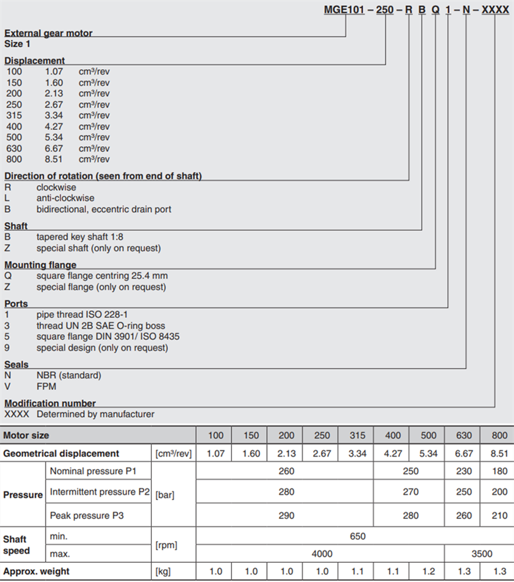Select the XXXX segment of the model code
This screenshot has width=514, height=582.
tap(495, 9)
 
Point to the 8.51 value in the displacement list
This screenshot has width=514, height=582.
tap(54, 159)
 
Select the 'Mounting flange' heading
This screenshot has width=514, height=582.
tap(40, 265)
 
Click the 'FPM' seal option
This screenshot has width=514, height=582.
tap(47, 386)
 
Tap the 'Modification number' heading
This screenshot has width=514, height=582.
tap(50, 403)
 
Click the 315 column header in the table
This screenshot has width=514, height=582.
tap(357, 435)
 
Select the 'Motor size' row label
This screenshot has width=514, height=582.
tap(26, 435)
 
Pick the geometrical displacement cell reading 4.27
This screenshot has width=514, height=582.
tap(393, 453)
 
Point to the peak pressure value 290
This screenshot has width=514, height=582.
tap(286, 515)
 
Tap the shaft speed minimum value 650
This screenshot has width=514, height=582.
tap(357, 536)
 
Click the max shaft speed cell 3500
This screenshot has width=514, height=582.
tap(481, 553)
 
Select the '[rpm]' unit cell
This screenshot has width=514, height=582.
tap(166, 545)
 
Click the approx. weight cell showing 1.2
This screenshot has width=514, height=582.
tap(428, 571)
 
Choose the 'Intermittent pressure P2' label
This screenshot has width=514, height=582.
tap(100, 492)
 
